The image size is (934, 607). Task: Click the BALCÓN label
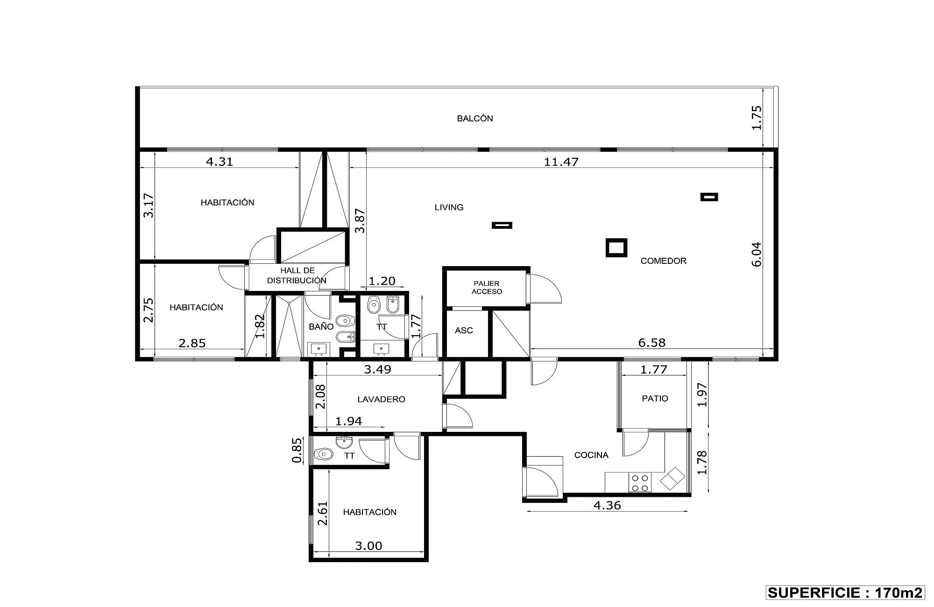click(475, 119)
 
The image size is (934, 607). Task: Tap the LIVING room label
click(449, 207)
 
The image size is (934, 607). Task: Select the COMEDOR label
click(664, 261)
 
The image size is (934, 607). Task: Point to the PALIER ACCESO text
click(487, 288)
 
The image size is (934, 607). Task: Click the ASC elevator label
click(464, 331)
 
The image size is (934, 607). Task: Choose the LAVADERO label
click(381, 400)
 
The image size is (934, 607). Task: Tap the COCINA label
click(591, 455)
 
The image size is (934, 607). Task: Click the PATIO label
click(655, 399)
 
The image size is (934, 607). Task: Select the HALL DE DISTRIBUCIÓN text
click(297, 275)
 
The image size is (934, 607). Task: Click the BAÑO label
click(321, 327)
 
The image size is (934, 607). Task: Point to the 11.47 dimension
click(561, 162)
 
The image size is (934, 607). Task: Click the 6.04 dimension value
click(757, 254)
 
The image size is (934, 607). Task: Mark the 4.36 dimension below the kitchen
click(607, 505)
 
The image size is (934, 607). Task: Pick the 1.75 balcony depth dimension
click(757, 118)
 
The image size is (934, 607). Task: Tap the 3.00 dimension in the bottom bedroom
click(368, 545)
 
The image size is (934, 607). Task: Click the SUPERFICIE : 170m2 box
click(845, 593)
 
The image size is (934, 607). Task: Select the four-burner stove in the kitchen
click(640, 483)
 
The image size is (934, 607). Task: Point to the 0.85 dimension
click(296, 450)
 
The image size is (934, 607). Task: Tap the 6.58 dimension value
click(651, 343)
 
